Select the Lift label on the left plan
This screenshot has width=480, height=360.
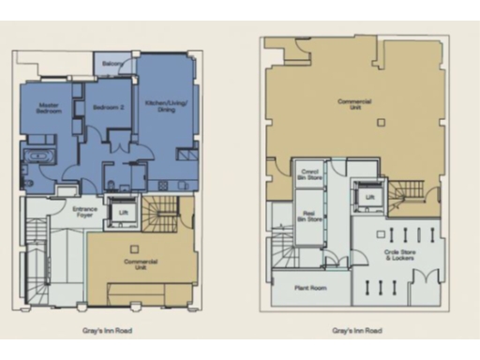[123, 213]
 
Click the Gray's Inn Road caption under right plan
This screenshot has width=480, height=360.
[357, 331]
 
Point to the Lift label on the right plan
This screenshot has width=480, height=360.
[369, 198]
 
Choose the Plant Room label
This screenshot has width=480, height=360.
[309, 288]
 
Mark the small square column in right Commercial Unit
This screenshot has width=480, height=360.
[380, 122]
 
